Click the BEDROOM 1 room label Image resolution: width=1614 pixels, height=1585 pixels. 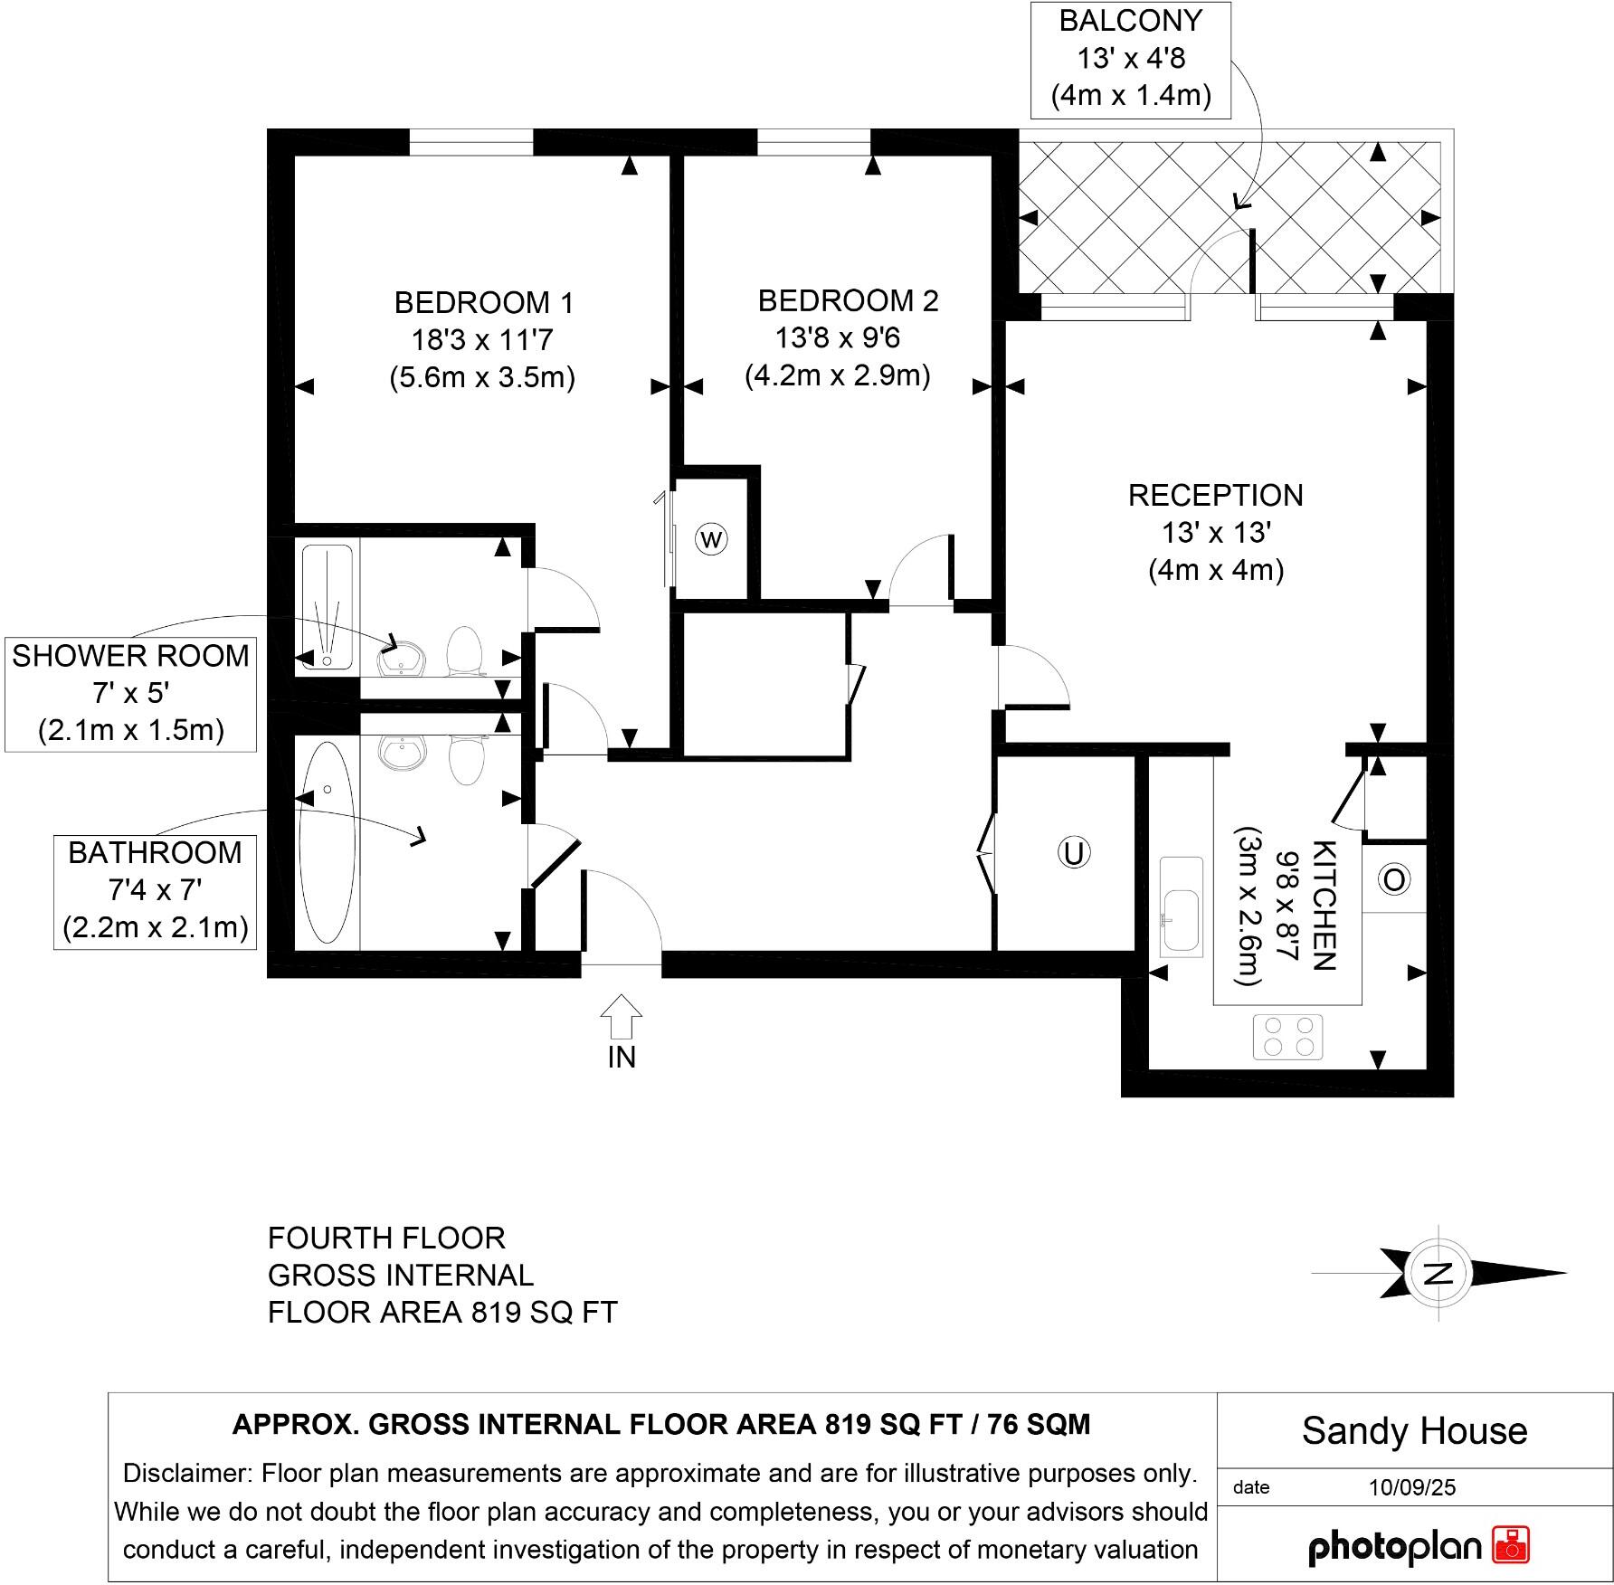[x=484, y=302]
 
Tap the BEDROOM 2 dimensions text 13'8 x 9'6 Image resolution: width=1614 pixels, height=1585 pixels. [x=838, y=337]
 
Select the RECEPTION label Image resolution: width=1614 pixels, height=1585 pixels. [x=1215, y=495]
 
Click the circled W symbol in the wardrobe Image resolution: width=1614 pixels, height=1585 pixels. [x=712, y=540]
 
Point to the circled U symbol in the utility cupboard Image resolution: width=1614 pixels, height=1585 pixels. [x=1073, y=853]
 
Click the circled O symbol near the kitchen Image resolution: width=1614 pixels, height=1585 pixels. [x=1394, y=879]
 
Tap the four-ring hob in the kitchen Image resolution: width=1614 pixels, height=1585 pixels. [x=1287, y=1036]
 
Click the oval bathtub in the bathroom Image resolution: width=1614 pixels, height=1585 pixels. [x=327, y=841]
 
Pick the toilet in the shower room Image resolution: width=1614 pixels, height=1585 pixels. [x=467, y=650]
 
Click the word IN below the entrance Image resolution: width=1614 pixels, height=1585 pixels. [x=622, y=1057]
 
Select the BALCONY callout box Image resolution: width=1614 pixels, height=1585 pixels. [x=1130, y=59]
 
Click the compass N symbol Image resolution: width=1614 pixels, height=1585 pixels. [x=1437, y=1274]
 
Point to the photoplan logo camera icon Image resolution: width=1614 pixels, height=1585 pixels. [x=1511, y=1543]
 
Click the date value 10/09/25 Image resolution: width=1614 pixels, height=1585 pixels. [x=1411, y=1487]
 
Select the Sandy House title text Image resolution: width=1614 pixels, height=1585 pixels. [x=1414, y=1431]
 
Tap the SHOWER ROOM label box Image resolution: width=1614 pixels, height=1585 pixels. [x=130, y=693]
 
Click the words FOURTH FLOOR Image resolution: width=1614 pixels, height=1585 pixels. [x=386, y=1238]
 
